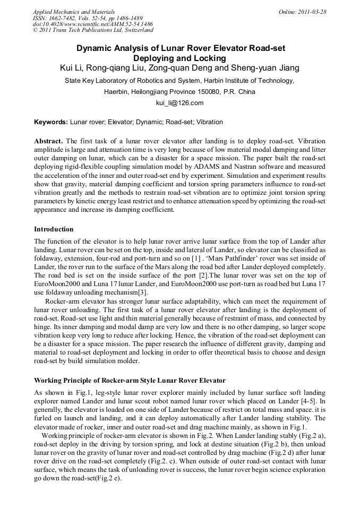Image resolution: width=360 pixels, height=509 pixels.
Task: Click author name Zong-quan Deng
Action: tap(184, 68)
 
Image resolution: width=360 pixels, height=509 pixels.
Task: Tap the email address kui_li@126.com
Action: tap(179, 102)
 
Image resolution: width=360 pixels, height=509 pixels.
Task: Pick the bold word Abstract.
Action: tap(49, 141)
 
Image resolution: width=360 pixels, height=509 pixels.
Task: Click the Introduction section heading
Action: tap(54, 229)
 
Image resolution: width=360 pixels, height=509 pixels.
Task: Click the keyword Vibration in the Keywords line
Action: tap(210, 122)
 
